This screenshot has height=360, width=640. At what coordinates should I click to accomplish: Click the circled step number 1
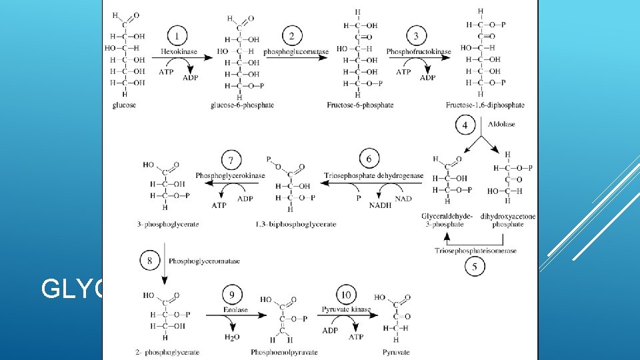(x=176, y=35)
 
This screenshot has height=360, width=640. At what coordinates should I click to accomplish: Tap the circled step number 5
(x=475, y=266)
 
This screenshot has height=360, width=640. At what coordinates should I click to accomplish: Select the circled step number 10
(x=347, y=294)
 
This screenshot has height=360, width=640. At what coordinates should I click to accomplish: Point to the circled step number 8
(x=150, y=260)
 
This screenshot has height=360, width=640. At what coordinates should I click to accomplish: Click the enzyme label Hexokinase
(x=176, y=51)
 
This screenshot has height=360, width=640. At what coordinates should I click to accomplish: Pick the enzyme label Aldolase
(x=501, y=124)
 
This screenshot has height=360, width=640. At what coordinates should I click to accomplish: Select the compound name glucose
(x=125, y=105)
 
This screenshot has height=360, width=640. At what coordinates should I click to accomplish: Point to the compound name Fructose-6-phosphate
(x=360, y=105)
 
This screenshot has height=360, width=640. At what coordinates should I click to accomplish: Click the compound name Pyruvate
(x=396, y=352)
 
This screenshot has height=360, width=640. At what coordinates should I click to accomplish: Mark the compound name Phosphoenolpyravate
(x=284, y=352)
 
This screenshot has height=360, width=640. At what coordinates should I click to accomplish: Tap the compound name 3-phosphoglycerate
(x=168, y=225)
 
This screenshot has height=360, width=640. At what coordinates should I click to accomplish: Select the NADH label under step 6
(x=380, y=206)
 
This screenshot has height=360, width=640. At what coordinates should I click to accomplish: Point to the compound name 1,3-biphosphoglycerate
(x=296, y=225)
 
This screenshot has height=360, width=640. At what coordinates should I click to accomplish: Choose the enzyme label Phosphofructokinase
(x=419, y=51)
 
